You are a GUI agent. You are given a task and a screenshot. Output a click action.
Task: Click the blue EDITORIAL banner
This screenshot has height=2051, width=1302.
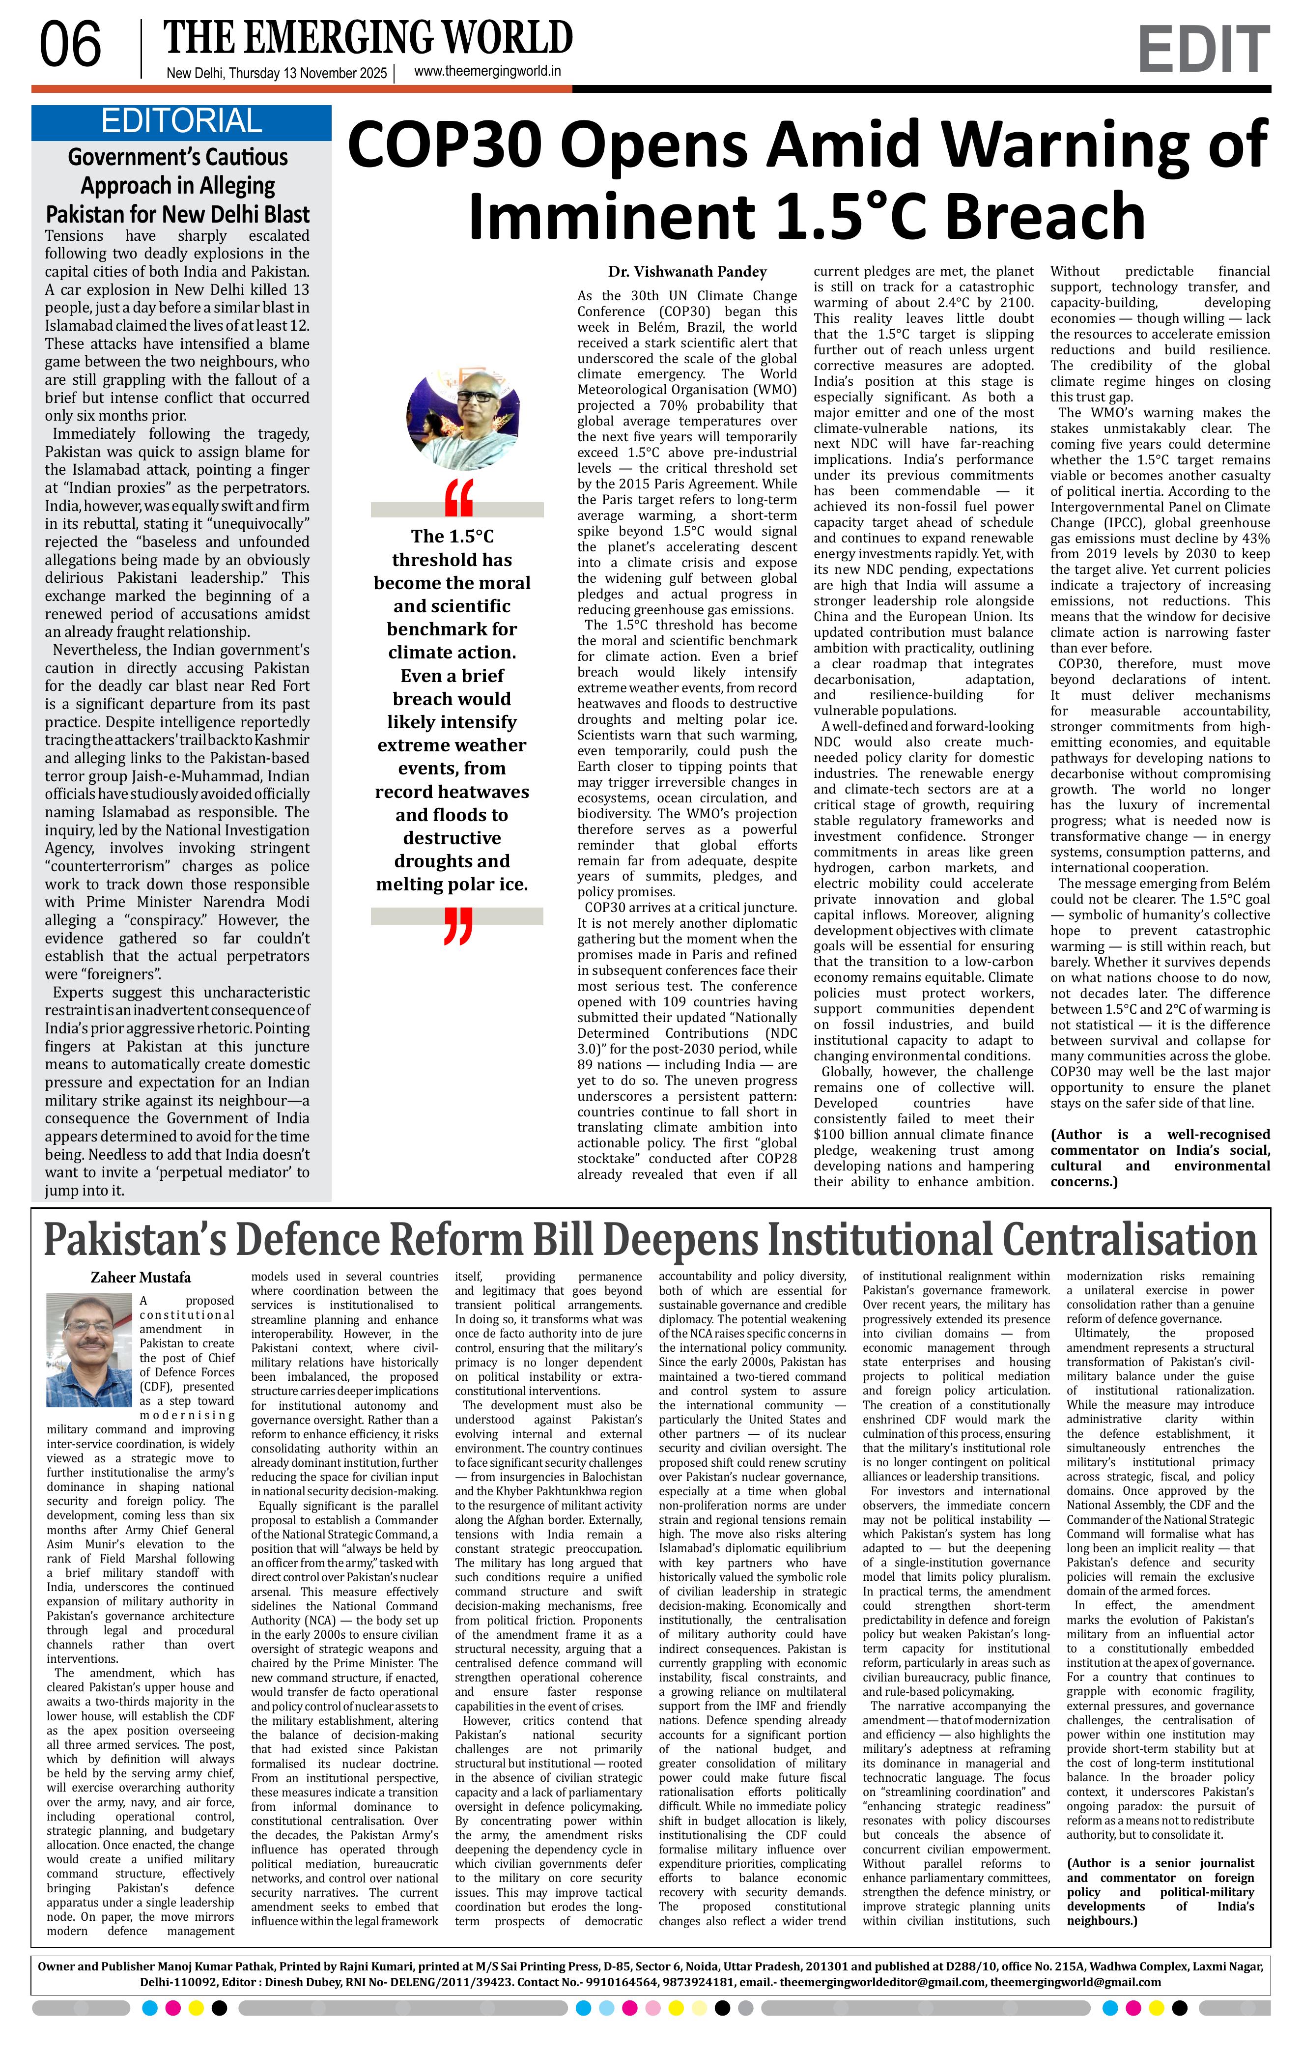(x=181, y=122)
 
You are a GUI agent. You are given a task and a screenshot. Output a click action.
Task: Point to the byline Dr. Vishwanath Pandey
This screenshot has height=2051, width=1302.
(x=687, y=272)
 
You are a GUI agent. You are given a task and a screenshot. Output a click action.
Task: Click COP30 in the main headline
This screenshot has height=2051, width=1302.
(x=464, y=143)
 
